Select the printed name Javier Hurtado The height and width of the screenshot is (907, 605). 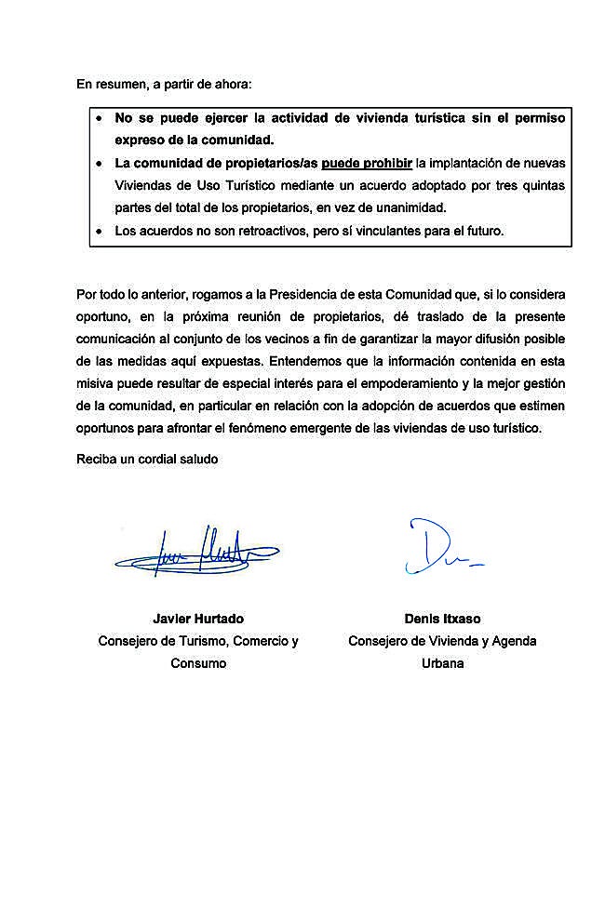[x=198, y=619]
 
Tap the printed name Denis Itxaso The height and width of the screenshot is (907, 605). [x=442, y=619]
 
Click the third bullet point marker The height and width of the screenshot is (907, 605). [x=100, y=231]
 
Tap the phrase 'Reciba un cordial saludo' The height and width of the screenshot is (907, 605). [x=147, y=460]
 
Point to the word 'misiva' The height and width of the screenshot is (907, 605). [x=94, y=384]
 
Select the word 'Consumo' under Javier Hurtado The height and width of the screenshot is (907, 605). [x=198, y=663]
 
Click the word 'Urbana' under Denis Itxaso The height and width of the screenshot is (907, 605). [x=442, y=663]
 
